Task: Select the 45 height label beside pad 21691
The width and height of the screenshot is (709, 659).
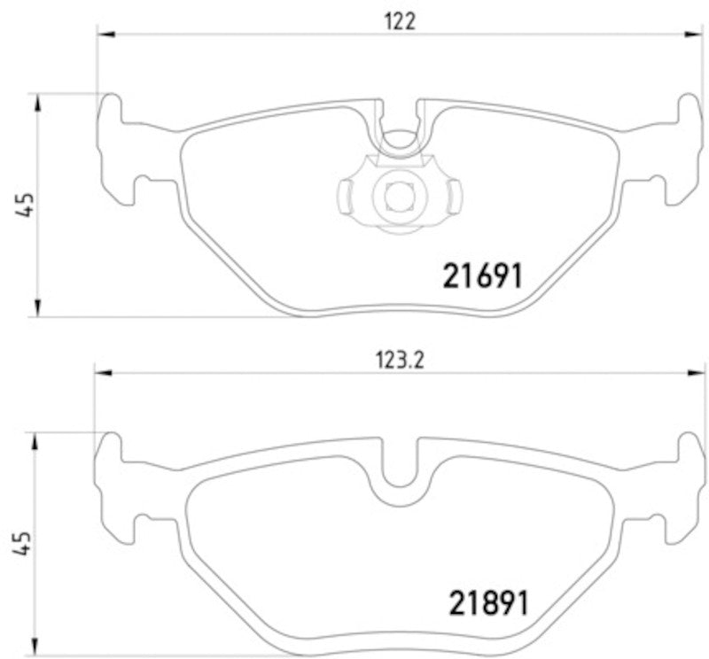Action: click(x=27, y=204)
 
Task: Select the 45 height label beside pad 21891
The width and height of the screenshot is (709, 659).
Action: click(x=27, y=543)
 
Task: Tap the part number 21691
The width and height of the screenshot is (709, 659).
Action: click(x=483, y=275)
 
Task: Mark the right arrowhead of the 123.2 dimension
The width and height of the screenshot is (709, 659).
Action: click(x=694, y=373)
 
